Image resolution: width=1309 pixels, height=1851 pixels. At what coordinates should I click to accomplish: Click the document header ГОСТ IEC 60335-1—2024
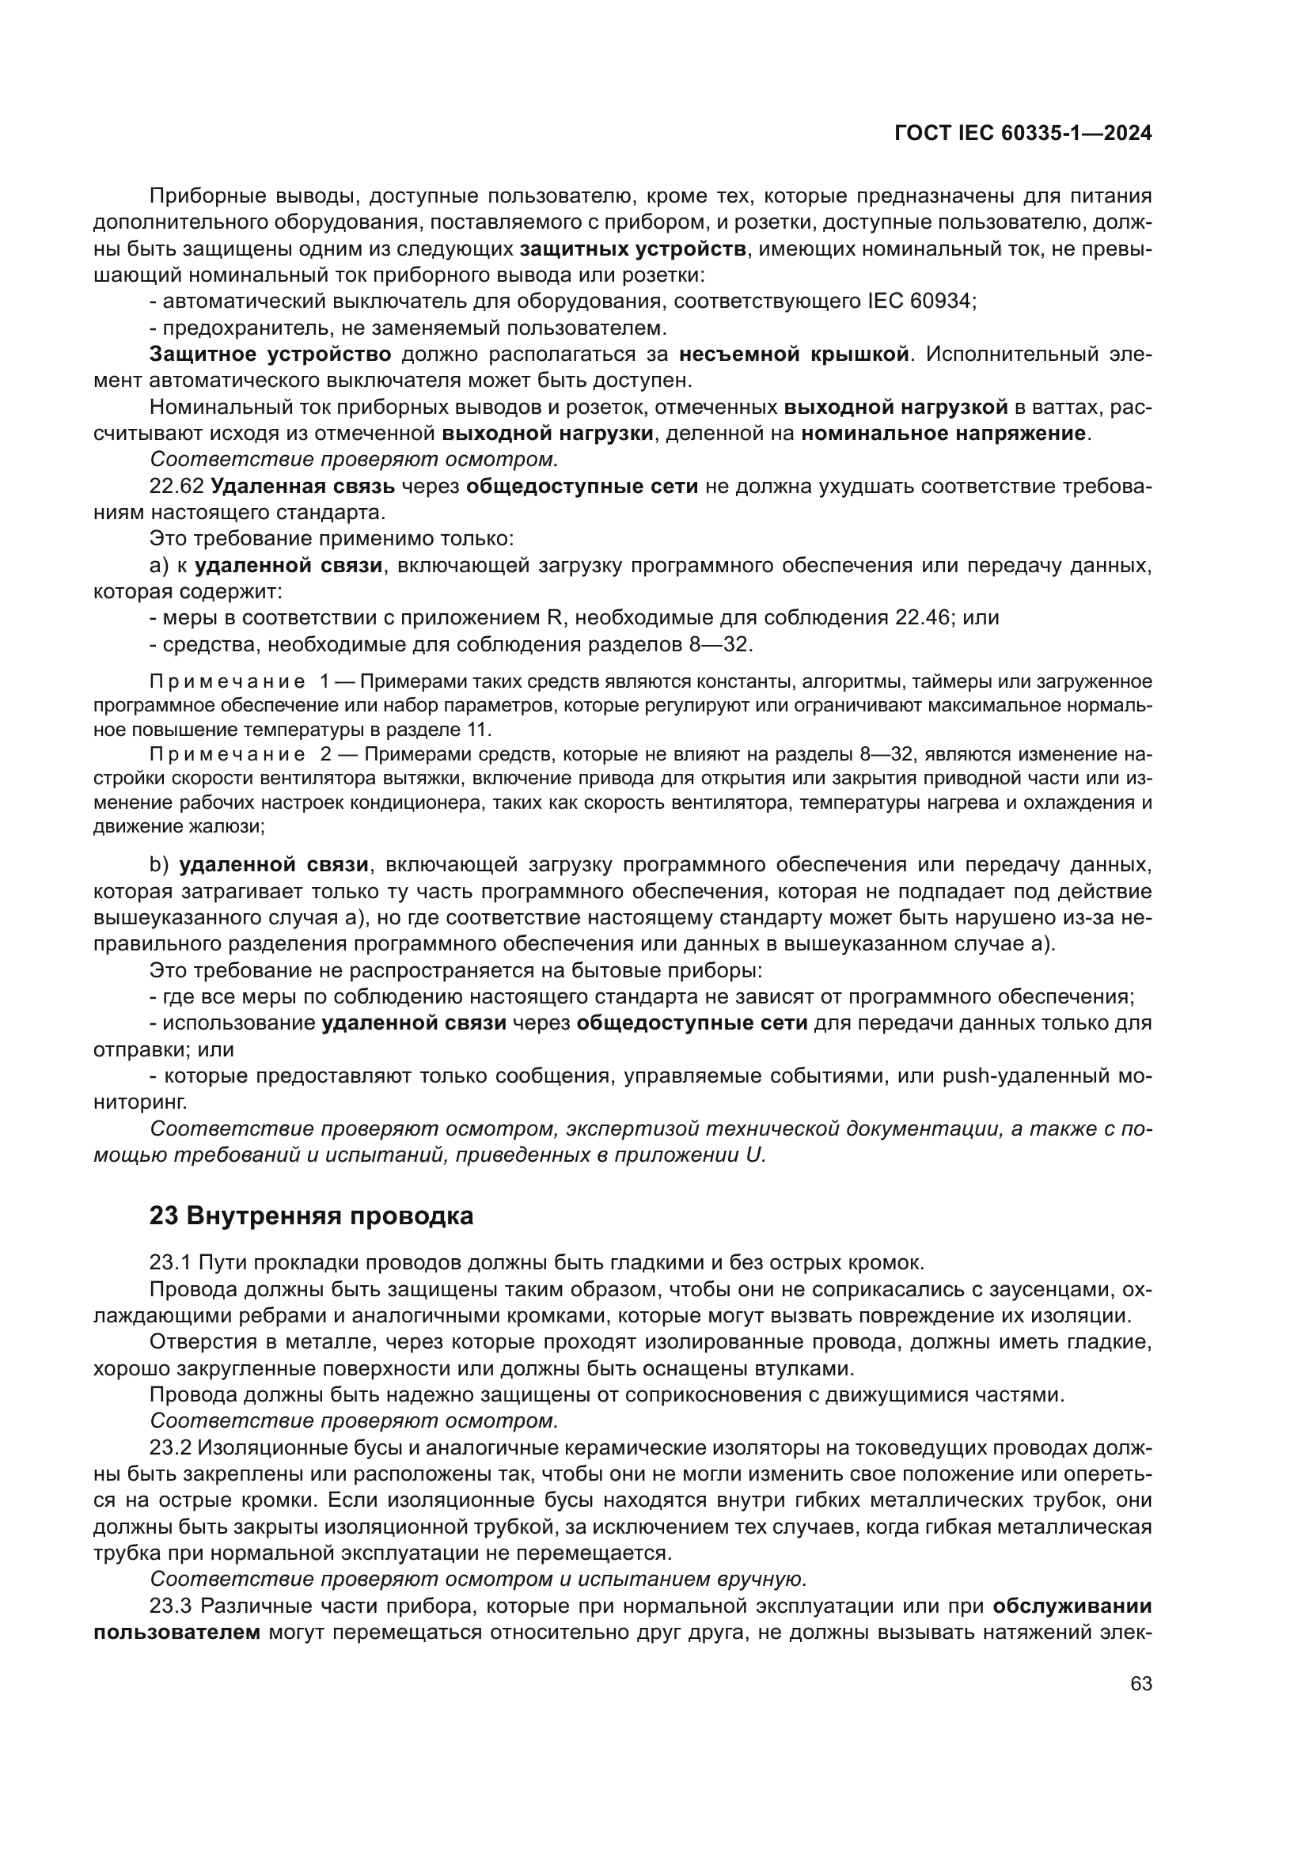(x=1022, y=134)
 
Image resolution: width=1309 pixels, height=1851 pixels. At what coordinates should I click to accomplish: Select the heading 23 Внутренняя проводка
(x=311, y=1216)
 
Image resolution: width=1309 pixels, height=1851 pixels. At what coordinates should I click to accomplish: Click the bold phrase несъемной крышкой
(x=793, y=354)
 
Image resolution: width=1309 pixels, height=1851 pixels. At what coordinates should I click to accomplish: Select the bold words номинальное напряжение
(x=943, y=434)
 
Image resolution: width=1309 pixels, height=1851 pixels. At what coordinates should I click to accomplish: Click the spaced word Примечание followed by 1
(x=228, y=682)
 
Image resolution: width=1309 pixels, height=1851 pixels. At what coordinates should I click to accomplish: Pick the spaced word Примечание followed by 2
(x=228, y=755)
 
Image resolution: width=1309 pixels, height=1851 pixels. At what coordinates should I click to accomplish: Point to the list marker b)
(x=159, y=865)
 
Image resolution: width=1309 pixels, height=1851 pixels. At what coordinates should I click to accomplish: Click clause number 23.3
(x=170, y=1606)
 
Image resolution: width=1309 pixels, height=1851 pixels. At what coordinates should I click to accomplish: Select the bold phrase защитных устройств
(x=633, y=249)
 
